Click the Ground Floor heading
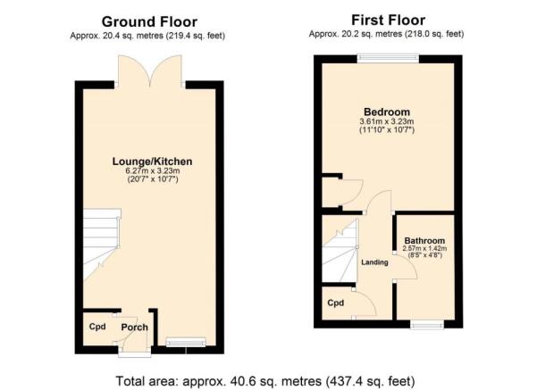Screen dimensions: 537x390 149,22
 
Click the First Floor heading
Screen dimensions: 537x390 389,21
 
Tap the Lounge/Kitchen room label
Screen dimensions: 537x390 153,162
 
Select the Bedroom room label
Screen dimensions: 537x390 387,112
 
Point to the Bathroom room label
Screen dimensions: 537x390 424,240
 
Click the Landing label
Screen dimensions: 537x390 374,262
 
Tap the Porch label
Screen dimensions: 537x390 135,328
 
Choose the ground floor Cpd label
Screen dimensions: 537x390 97,327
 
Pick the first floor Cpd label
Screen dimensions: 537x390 336,303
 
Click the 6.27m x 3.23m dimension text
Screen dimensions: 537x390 153,170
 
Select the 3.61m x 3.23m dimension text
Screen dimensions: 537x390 387,121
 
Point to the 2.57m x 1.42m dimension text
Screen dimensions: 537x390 424,249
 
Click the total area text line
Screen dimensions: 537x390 265,381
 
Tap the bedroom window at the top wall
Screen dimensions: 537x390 388,59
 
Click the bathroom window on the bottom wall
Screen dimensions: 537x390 427,324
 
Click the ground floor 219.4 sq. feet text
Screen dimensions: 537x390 196,36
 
